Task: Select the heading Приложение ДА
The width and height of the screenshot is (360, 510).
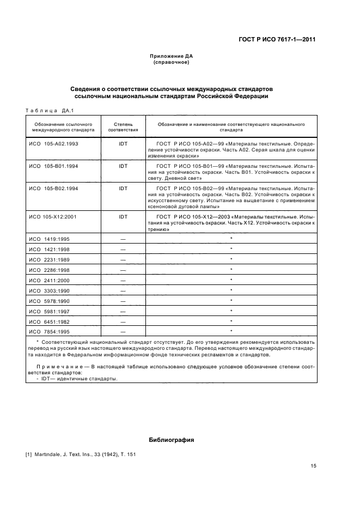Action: (x=172, y=56)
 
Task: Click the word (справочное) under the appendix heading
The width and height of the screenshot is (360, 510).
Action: (x=172, y=62)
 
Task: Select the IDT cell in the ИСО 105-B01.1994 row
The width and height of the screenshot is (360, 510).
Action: (x=123, y=165)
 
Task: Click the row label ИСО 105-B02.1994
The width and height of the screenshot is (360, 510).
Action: (x=53, y=188)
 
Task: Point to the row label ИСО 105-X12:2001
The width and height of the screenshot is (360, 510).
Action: (x=53, y=216)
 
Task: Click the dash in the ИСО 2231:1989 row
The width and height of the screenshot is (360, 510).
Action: (x=123, y=260)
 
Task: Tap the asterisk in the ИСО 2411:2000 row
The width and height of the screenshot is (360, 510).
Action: (x=231, y=280)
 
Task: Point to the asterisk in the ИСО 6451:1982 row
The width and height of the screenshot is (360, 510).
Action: (x=231, y=321)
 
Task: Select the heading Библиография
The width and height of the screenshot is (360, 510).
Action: (x=172, y=439)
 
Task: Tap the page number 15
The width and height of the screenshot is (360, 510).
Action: (x=313, y=466)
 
